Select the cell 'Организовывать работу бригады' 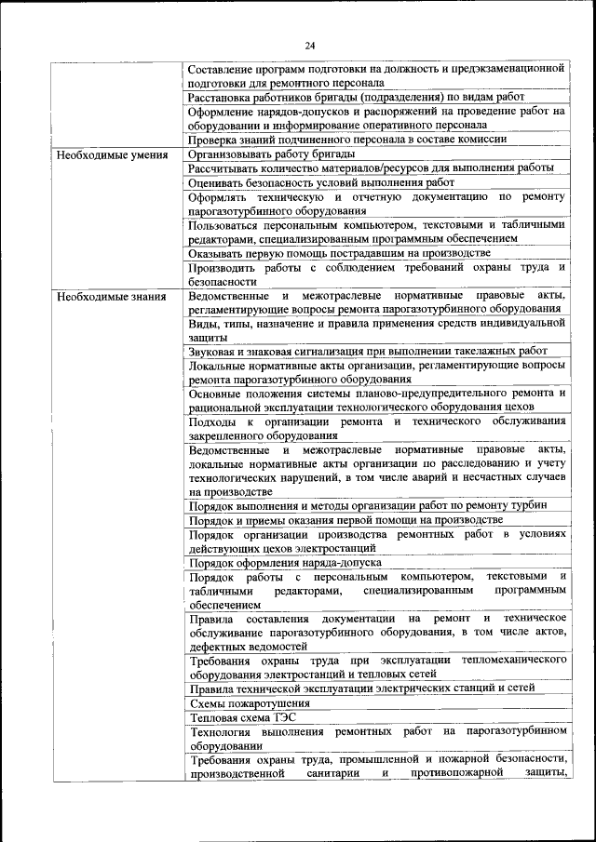271,154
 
